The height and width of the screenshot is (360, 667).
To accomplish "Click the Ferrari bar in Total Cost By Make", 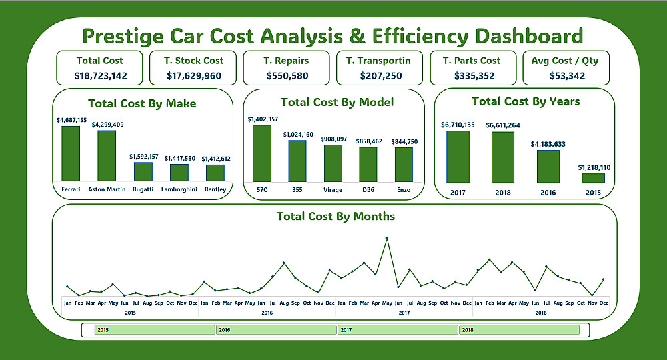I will point(71,153).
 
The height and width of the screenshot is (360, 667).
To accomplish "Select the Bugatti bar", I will point(143,171).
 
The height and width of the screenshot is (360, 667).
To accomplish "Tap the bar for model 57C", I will point(262,153).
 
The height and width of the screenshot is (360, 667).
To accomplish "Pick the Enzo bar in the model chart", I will point(404,164).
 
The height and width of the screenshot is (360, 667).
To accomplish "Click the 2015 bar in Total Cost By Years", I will point(593,178).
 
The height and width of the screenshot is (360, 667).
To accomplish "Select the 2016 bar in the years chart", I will point(548,166).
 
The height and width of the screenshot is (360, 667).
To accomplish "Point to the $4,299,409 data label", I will point(107,125).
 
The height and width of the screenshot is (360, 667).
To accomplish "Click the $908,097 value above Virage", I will point(333,139).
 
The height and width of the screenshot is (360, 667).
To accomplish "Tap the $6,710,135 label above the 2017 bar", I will point(458,125).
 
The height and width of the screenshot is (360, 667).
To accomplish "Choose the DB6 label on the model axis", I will point(368,190).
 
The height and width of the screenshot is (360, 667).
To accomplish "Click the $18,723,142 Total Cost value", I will point(101,76).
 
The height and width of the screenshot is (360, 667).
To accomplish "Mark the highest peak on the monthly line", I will point(386,238).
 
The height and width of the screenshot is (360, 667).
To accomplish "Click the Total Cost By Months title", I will point(336,217).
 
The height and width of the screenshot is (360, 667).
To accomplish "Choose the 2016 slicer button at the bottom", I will point(276,330).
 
